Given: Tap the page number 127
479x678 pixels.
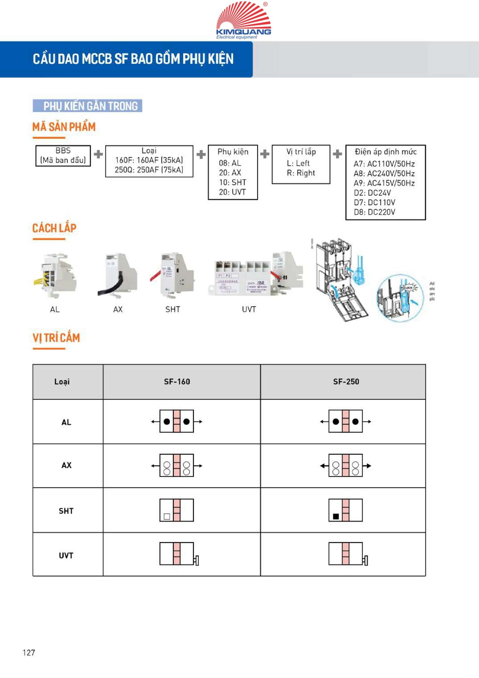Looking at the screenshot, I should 29,652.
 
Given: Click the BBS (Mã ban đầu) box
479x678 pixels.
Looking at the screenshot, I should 63,156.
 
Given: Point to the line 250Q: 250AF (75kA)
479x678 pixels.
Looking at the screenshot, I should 149,170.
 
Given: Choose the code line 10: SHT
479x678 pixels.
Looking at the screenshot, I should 233,182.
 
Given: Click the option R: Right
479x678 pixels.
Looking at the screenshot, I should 301,173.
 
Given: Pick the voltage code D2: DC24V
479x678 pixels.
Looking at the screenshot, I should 372,193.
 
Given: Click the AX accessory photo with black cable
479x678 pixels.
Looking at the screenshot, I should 117,275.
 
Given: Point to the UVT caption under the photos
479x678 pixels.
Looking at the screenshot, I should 249,309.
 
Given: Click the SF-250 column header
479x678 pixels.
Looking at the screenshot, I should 346,382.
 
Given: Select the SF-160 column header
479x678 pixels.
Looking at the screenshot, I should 177,382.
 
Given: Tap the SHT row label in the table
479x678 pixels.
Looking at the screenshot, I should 66,511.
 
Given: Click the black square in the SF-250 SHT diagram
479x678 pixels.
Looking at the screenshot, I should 336,516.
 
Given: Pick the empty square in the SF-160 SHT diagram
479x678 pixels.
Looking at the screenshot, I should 167,516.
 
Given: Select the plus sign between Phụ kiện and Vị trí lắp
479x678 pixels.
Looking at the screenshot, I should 265,154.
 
